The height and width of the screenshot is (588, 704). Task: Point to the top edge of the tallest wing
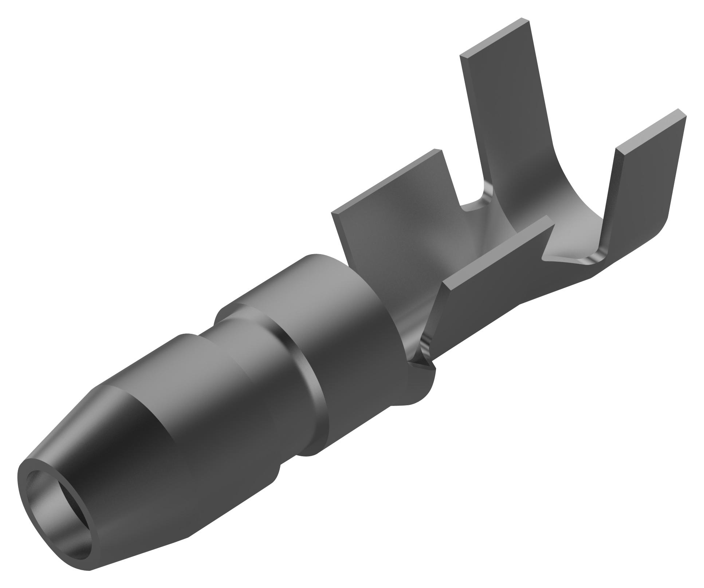[x=495, y=36]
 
